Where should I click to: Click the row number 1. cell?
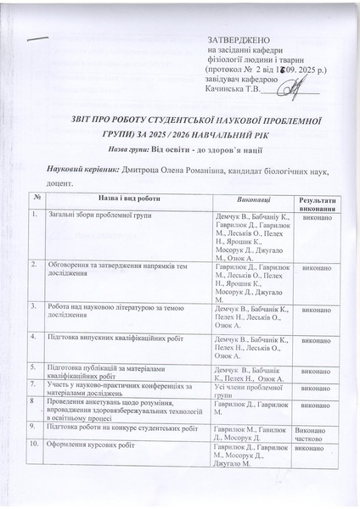click(35, 217)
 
